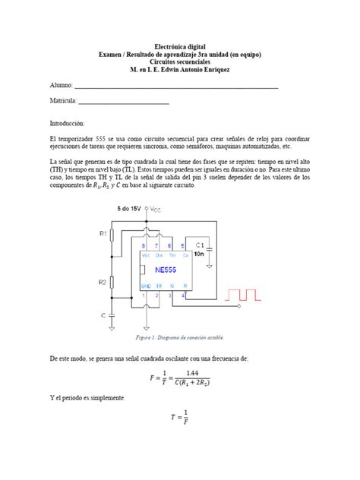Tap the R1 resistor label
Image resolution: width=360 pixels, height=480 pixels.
pyautogui.click(x=103, y=235)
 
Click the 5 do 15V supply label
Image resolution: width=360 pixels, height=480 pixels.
pyautogui.click(x=132, y=208)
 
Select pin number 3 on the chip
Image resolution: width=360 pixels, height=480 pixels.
pyautogui.click(x=172, y=295)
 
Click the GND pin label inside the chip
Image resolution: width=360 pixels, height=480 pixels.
pyautogui.click(x=146, y=286)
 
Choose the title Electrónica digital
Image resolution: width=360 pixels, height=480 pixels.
pyautogui.click(x=179, y=47)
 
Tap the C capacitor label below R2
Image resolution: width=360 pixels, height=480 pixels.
pyautogui.click(x=104, y=314)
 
